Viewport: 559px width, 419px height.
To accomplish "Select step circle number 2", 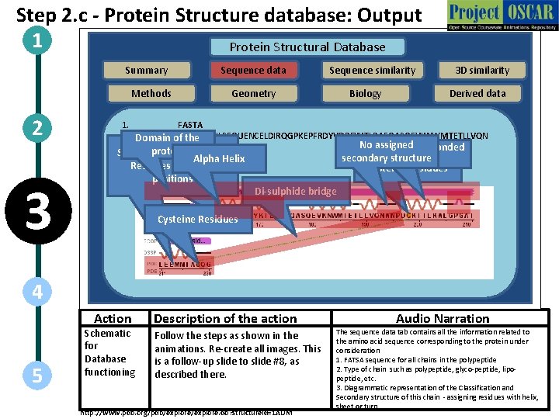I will coord(37,127).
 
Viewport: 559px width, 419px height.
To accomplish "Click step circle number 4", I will coord(37,292).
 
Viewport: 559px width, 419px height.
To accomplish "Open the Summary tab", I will coord(146,70).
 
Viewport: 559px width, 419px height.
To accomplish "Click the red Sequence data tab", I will coord(253,70).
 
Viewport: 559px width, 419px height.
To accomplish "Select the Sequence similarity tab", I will coord(372,70).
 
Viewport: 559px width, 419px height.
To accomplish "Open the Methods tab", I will coord(151,93).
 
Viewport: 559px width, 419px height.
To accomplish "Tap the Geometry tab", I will coord(253,93).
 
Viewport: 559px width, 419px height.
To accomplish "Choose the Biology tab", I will coord(365,93).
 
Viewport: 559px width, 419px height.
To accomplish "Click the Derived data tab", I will coord(477,93).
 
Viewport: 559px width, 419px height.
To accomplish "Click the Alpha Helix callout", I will coord(219,158).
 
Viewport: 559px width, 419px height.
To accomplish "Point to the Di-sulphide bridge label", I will coord(296,191).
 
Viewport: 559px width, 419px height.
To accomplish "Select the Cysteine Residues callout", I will coord(197,219).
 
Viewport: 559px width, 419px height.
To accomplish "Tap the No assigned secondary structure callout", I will coord(387,151).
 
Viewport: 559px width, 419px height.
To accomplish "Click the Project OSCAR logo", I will coord(501,16).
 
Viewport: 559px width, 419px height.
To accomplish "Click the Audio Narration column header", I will coord(443,318).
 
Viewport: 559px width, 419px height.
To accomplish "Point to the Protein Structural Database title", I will coord(307,47).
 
